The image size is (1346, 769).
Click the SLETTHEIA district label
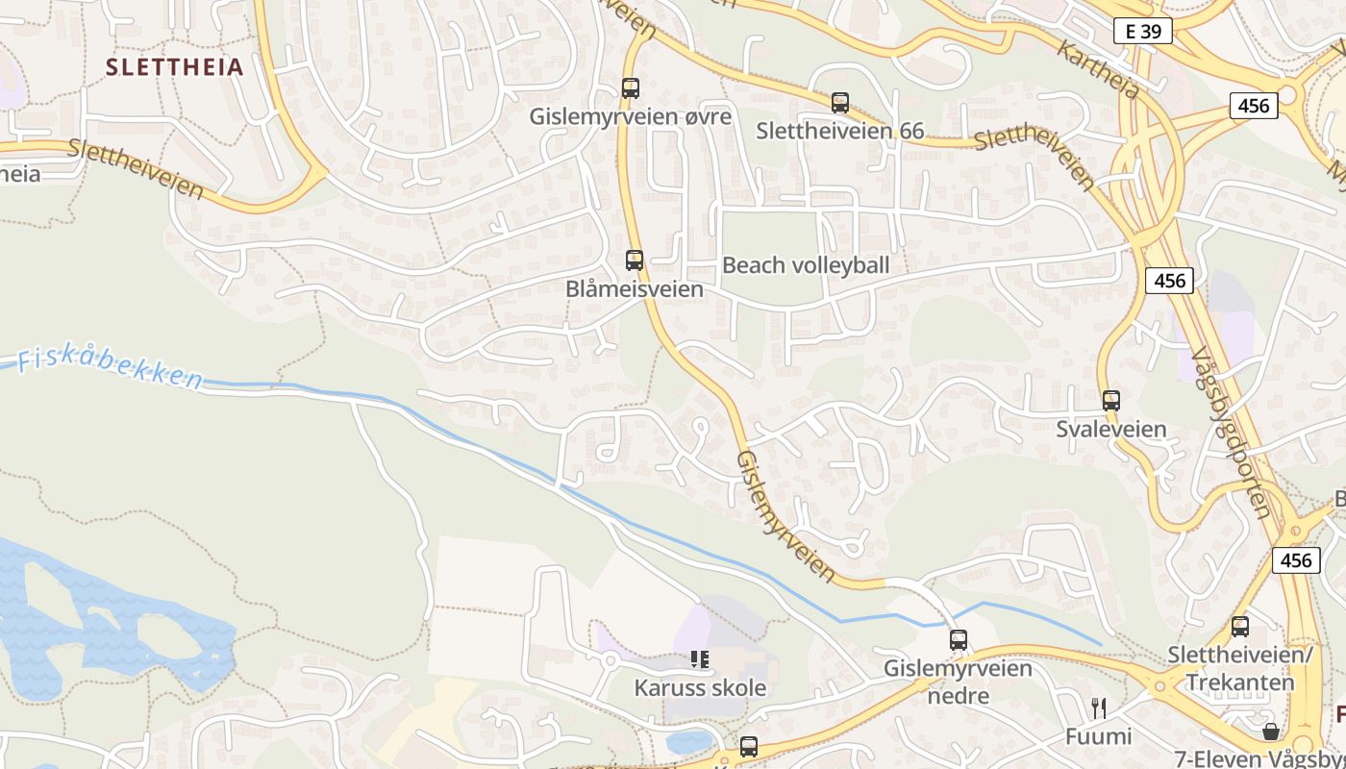[174, 67]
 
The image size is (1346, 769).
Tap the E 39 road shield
[1142, 31]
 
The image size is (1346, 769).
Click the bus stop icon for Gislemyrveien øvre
[631, 88]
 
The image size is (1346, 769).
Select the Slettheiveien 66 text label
[839, 131]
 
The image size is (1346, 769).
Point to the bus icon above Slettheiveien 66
[840, 103]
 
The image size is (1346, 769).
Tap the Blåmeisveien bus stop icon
[635, 260]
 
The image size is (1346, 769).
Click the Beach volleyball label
[805, 265]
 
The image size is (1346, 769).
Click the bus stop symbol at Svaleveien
[1111, 401]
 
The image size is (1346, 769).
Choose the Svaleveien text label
[1110, 429]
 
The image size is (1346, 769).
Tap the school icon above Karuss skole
[700, 659]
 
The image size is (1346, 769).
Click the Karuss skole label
[700, 688]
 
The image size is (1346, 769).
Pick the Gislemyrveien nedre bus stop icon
[959, 640]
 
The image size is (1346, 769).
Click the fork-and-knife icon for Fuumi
[1099, 708]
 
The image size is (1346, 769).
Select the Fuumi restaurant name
[1098, 736]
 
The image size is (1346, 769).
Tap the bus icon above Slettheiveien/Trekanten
[1240, 627]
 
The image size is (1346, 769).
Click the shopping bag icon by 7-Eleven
[1271, 732]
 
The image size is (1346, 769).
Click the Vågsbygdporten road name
[1231, 433]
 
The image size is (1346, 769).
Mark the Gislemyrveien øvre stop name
[630, 117]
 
